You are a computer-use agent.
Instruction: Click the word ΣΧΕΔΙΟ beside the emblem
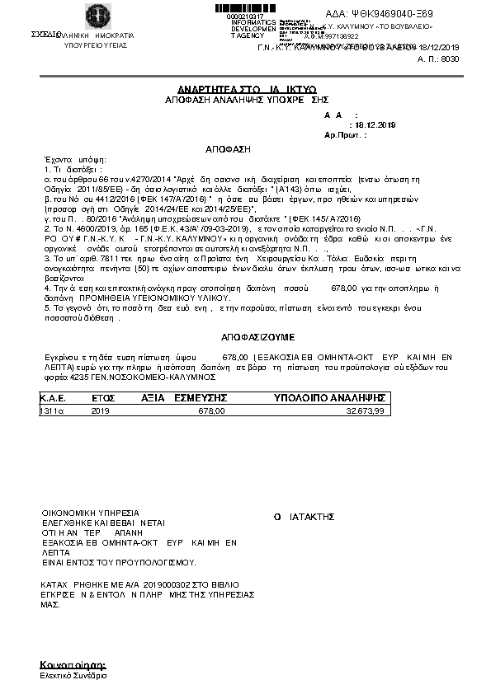[x=46, y=35]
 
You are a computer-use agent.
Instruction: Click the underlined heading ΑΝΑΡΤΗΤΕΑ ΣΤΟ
[x=209, y=87]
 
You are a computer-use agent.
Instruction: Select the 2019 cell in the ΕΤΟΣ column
[x=100, y=410]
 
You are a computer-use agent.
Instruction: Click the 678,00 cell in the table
[x=211, y=410]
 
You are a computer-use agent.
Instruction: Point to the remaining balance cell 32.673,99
[x=364, y=410]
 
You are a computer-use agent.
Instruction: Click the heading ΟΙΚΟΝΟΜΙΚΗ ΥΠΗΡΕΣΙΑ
[x=91, y=512]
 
